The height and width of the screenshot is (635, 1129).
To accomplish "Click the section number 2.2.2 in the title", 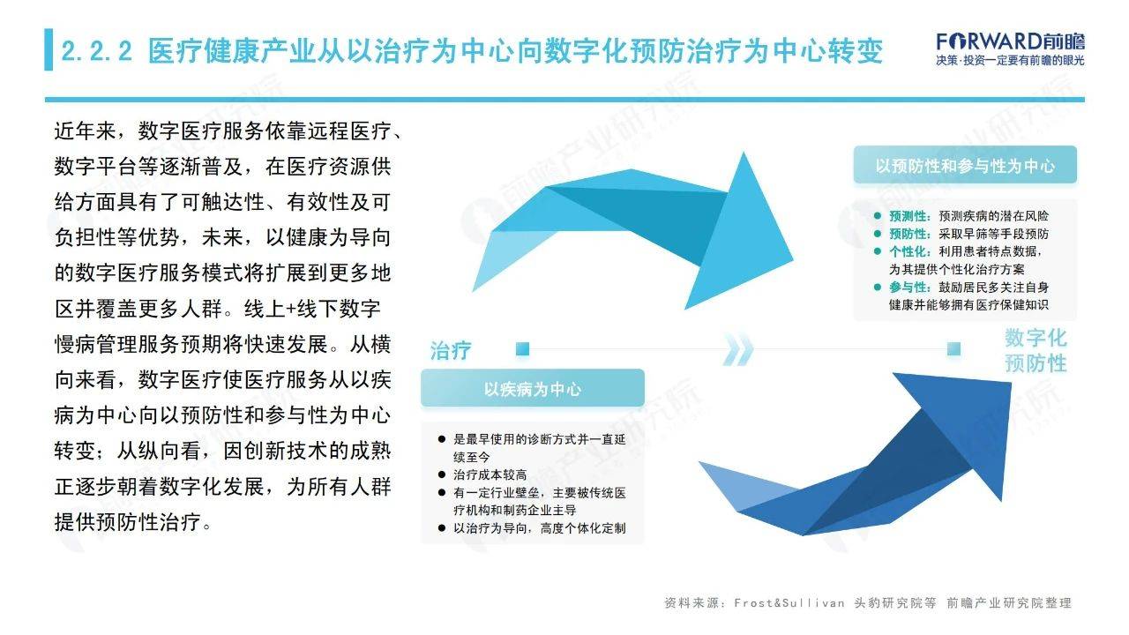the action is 97,51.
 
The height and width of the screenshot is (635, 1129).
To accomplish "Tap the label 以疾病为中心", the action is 532,389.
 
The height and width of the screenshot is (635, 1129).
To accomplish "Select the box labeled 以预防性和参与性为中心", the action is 965,165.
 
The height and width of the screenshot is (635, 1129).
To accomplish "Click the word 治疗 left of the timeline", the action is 451,350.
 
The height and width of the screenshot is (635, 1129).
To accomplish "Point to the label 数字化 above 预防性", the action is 1036,338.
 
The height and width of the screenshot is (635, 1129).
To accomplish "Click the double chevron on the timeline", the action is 738,348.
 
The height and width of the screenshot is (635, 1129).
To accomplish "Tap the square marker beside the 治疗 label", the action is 523,348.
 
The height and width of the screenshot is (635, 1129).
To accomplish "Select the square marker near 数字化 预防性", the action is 953,348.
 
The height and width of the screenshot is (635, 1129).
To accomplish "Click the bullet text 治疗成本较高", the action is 490,474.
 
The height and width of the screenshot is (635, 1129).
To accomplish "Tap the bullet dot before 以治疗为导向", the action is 442,528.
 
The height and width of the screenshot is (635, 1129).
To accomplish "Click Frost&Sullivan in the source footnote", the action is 789,602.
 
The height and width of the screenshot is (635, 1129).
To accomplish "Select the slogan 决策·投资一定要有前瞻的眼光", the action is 1010,61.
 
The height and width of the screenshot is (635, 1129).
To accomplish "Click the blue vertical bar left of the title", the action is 49,49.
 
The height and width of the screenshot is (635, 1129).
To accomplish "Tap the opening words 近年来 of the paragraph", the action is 86,131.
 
